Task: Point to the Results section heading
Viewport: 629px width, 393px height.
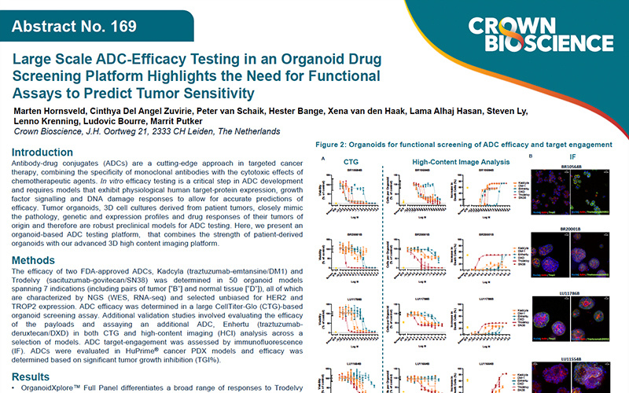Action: (41, 376)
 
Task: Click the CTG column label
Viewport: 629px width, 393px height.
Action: (351, 162)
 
